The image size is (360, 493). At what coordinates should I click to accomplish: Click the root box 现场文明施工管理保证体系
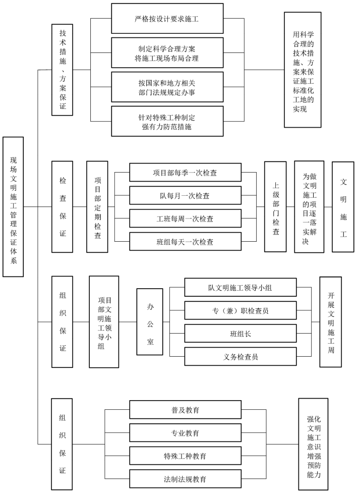13,206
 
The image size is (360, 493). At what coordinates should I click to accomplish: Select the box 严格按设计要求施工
167,19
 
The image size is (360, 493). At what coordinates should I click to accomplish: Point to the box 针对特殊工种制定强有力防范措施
167,122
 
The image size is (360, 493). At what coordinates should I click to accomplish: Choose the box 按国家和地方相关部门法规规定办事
167,87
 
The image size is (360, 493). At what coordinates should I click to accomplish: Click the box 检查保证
63,206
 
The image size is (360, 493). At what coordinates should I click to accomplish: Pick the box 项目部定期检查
97,206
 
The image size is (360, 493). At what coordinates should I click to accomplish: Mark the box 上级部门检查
275,206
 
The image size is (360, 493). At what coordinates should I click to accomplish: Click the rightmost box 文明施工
343,206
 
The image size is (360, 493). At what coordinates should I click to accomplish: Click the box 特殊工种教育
185,456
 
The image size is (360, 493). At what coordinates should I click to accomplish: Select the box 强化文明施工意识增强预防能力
313,445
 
